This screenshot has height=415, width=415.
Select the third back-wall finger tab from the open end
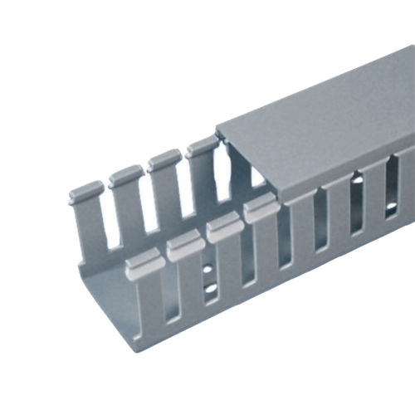point(163,160)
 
